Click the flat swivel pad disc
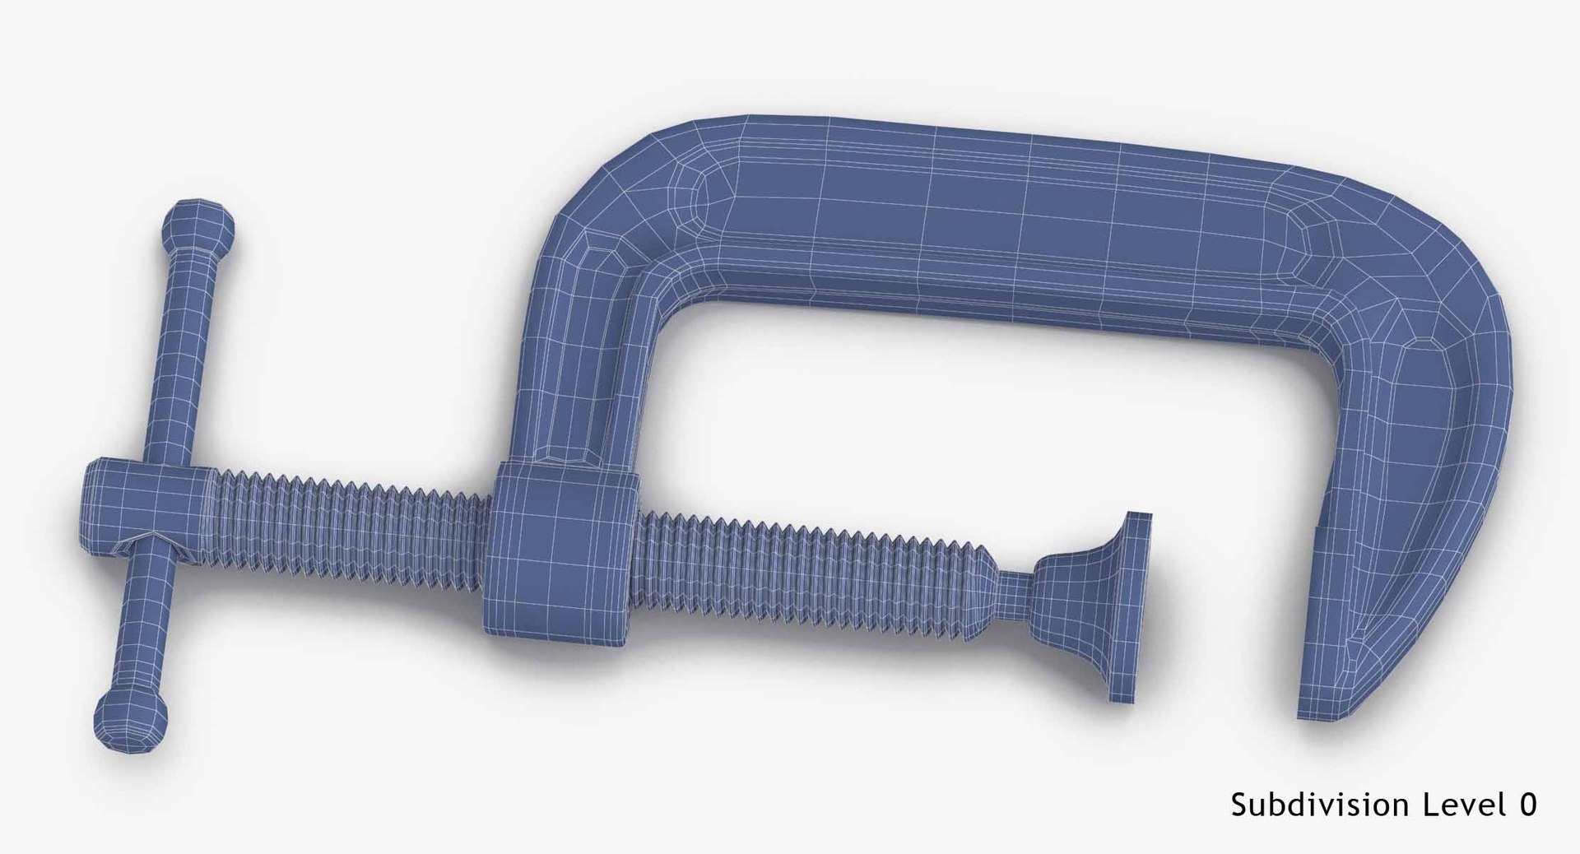click(1132, 609)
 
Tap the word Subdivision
click(1312, 805)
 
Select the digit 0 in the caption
click(1527, 805)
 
